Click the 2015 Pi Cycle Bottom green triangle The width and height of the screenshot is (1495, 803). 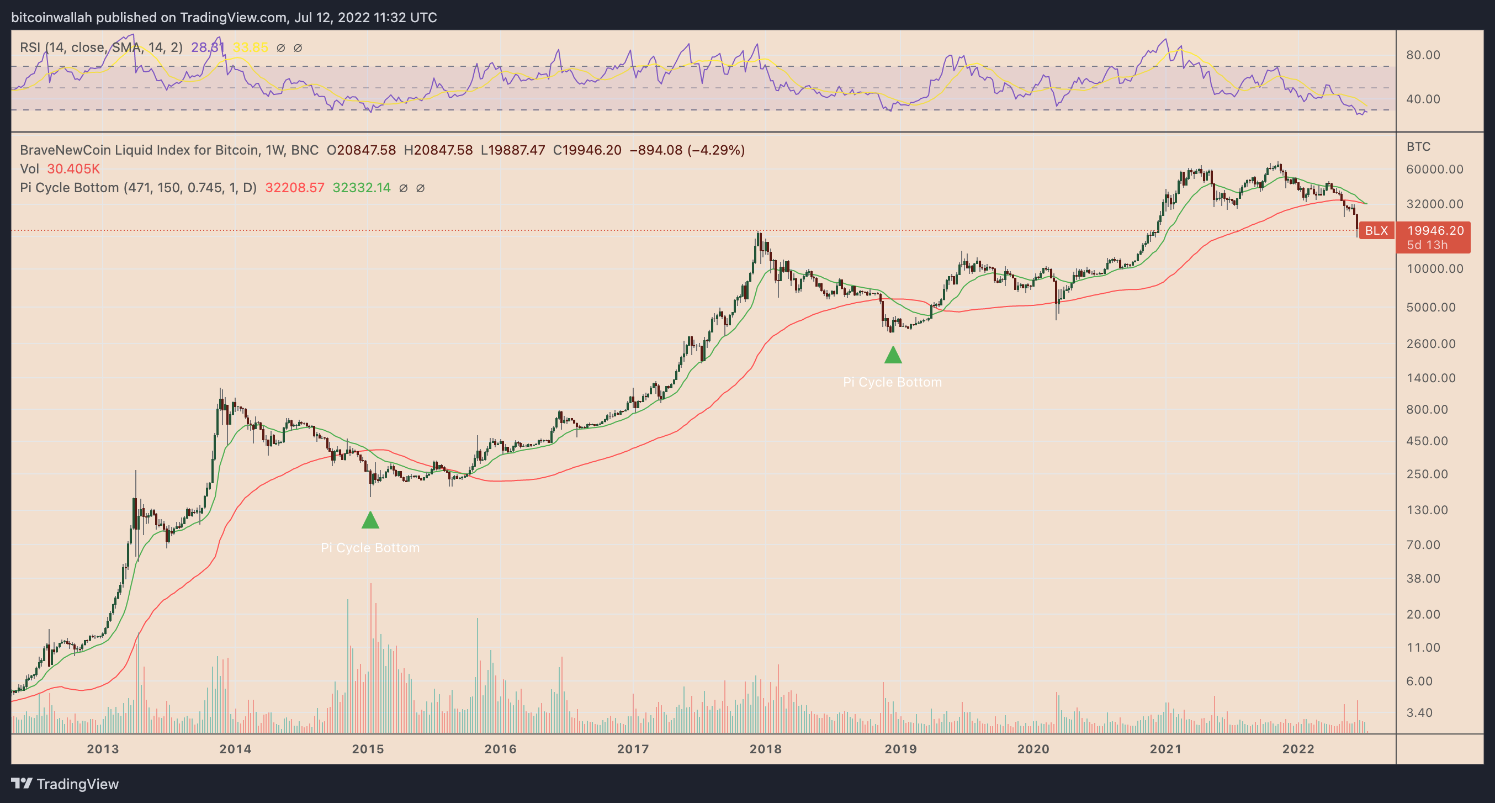[x=370, y=520]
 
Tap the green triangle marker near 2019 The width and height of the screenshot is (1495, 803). [x=893, y=355]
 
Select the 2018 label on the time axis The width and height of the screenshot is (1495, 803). [x=766, y=749]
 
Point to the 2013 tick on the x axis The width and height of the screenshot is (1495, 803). [x=103, y=749]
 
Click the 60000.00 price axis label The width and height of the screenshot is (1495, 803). [x=1435, y=170]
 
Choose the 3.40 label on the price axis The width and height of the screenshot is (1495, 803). [x=1419, y=712]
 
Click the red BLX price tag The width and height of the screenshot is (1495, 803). [x=1376, y=230]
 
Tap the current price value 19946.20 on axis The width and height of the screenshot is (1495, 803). [x=1435, y=230]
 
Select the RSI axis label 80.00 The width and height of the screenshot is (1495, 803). [x=1423, y=55]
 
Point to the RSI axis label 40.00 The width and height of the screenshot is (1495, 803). [x=1423, y=99]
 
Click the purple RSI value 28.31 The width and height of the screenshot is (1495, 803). [x=207, y=47]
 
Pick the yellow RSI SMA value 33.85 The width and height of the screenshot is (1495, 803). [x=250, y=47]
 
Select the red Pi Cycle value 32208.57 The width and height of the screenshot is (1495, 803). [x=294, y=188]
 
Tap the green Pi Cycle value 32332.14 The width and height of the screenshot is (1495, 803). [x=362, y=188]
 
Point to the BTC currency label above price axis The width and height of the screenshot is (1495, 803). [x=1418, y=146]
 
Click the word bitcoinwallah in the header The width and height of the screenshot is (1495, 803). [x=52, y=18]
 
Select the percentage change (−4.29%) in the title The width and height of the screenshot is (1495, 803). [x=715, y=150]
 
